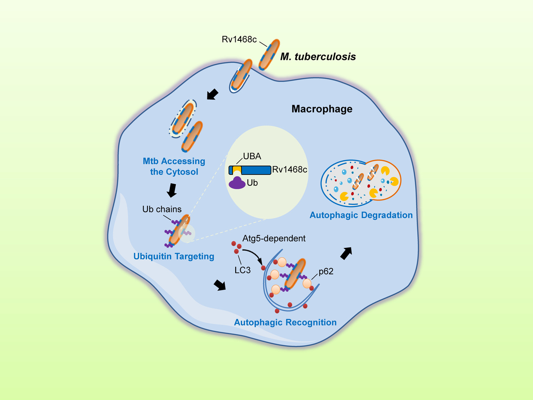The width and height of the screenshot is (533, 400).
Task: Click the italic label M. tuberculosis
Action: (x=318, y=57)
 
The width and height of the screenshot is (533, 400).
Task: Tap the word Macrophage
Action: (x=322, y=109)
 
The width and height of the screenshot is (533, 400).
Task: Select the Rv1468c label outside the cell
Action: (x=239, y=40)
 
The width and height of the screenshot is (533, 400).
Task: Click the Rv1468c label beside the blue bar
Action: (x=290, y=170)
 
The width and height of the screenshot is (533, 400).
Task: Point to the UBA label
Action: (x=252, y=157)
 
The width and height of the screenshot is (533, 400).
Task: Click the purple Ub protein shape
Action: (x=237, y=183)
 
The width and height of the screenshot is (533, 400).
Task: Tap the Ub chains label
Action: (x=162, y=209)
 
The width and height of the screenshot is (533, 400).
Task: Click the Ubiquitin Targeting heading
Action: (x=174, y=256)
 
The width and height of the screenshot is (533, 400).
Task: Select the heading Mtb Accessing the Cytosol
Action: (x=174, y=166)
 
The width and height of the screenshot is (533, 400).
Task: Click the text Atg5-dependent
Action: (x=274, y=238)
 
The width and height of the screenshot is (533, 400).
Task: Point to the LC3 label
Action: (x=242, y=270)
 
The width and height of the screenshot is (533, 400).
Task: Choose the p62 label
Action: (x=326, y=272)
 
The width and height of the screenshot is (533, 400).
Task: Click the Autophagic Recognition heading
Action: (x=285, y=322)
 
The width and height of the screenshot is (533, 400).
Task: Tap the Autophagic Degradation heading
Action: (x=361, y=215)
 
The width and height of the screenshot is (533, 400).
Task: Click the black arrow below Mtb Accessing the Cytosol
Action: (x=171, y=190)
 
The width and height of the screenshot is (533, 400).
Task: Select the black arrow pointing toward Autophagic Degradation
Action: (x=346, y=253)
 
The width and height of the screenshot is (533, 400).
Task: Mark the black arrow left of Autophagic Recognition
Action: (x=219, y=285)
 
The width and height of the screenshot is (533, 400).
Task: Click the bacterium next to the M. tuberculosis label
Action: (x=269, y=54)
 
